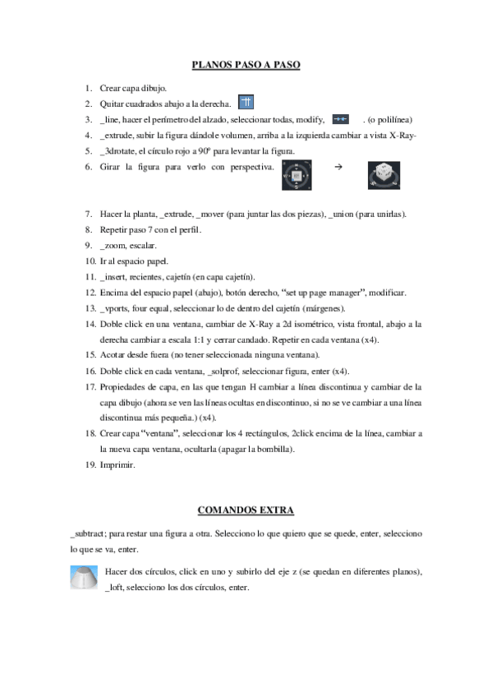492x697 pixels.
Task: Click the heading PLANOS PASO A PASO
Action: [x=246, y=64]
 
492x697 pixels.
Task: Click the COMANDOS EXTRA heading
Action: [x=246, y=510]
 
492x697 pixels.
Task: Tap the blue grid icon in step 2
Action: [x=246, y=103]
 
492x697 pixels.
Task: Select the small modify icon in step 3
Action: [x=341, y=119]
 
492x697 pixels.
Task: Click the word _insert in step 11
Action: [x=114, y=276]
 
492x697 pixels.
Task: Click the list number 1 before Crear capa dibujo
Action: [x=89, y=87]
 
